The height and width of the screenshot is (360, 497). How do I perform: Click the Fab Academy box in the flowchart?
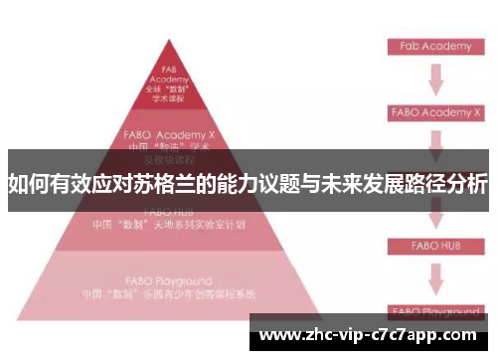pyautogui.click(x=434, y=46)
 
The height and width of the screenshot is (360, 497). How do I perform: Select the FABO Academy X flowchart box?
pyautogui.click(x=434, y=112)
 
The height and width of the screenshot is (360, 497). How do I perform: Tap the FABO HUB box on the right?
pyautogui.click(x=434, y=244)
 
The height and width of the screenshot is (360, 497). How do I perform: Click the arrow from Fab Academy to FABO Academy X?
pyautogui.click(x=434, y=79)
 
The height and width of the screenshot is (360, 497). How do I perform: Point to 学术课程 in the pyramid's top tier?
pyautogui.click(x=170, y=98)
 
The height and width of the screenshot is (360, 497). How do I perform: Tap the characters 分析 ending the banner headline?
pyautogui.click(x=466, y=184)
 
